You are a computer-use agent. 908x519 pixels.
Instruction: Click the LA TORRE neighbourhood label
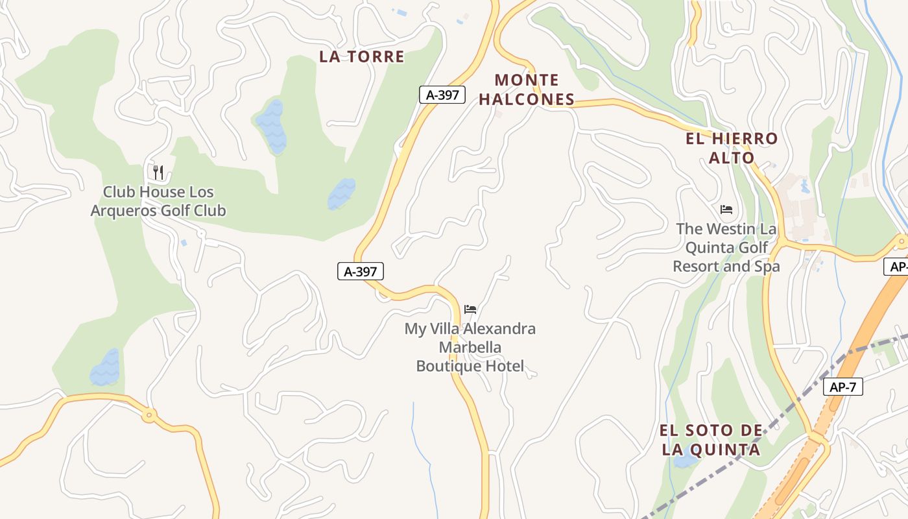pos(361,56)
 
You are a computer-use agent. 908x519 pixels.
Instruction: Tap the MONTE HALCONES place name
pos(534,90)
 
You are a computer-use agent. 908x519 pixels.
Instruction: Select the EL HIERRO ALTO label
pos(732,148)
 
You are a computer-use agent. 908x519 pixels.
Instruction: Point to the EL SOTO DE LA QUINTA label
pos(711,440)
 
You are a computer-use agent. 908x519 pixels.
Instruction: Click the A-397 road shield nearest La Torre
pos(442,95)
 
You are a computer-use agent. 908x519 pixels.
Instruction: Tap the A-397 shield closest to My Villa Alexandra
pos(361,271)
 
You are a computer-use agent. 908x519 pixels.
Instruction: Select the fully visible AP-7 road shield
pos(843,387)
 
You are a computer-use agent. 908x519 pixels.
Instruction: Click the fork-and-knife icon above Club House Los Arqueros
pos(158,172)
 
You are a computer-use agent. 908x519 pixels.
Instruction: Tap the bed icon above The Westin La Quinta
pos(726,210)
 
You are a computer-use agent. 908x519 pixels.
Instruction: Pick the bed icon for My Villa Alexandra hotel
pos(470,309)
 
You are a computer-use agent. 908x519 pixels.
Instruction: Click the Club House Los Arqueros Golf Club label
pos(158,201)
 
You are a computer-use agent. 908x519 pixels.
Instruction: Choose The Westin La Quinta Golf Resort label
pos(726,247)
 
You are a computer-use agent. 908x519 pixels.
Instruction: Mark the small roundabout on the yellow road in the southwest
pos(149,415)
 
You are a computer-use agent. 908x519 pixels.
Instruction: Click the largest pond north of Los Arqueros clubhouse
pos(271,127)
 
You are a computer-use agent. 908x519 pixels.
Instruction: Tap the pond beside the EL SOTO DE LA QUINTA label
pos(684,460)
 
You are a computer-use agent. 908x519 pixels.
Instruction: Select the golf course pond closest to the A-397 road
pos(341,193)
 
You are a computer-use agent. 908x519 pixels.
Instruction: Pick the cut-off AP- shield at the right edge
pos(896,267)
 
